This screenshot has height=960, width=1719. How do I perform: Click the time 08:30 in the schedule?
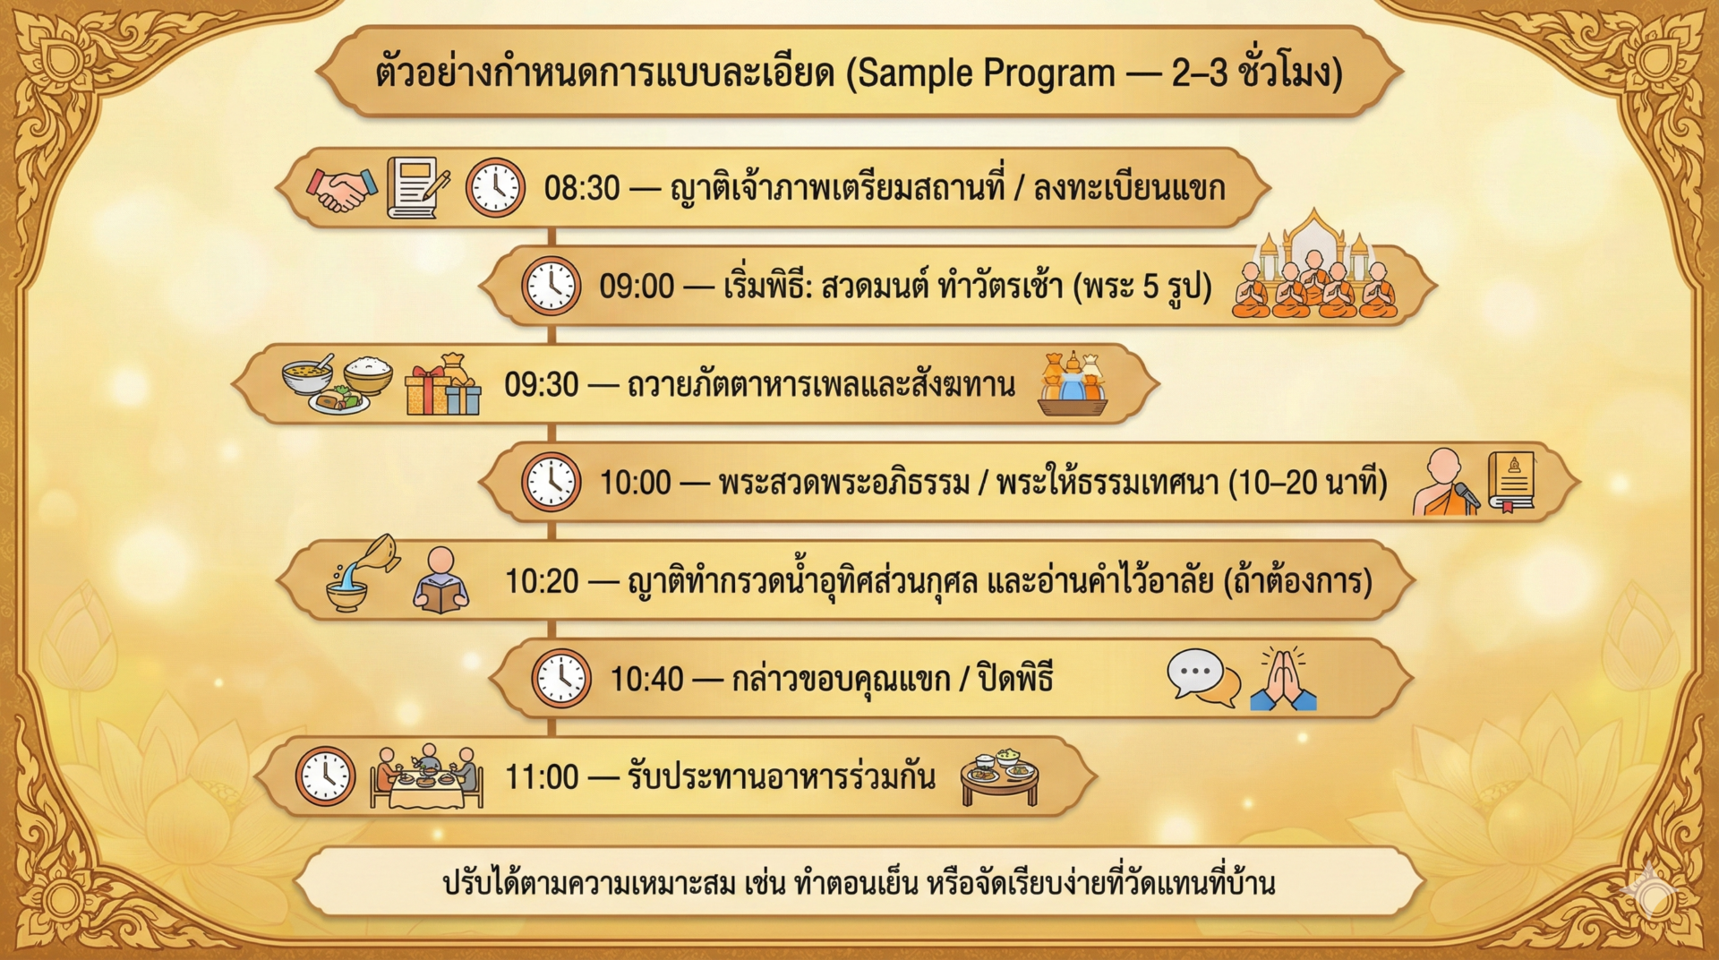coord(582,188)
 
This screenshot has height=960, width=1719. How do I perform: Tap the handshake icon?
coord(342,188)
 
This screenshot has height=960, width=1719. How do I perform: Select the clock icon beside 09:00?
coord(552,286)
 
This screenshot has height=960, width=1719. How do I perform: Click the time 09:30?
coord(542,384)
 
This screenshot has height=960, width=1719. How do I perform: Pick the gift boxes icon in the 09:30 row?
coord(443,385)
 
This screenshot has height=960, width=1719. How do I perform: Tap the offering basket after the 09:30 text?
coord(1073,384)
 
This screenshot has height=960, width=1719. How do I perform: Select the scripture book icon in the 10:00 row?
coord(1512,481)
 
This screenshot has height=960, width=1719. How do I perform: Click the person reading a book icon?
coord(440,580)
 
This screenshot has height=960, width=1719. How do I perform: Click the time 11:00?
coord(543,776)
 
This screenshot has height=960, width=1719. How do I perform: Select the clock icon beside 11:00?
coord(325,776)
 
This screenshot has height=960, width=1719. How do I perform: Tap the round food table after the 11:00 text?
coord(1000,776)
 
